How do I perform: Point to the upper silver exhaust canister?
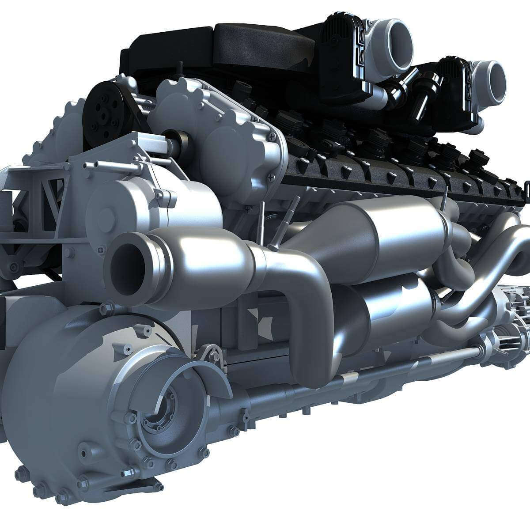click(397, 230)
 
